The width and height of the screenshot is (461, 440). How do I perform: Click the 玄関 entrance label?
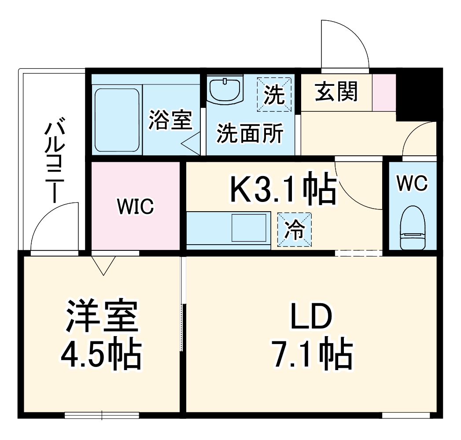point(336,92)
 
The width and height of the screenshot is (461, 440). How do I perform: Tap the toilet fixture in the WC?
point(413,228)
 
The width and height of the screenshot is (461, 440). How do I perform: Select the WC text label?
point(412,183)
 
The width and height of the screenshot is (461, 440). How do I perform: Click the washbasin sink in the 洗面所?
point(225,90)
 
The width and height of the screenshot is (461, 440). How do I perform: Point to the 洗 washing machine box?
point(274,94)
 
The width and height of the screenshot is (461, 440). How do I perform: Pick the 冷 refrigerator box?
point(294,228)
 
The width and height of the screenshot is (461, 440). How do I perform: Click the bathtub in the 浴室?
point(117,120)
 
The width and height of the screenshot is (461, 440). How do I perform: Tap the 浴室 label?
point(170,120)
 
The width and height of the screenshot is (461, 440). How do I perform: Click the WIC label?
point(135,206)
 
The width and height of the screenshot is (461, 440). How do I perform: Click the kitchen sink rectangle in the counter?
point(250,227)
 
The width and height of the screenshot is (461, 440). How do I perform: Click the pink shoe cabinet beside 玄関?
point(384,92)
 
